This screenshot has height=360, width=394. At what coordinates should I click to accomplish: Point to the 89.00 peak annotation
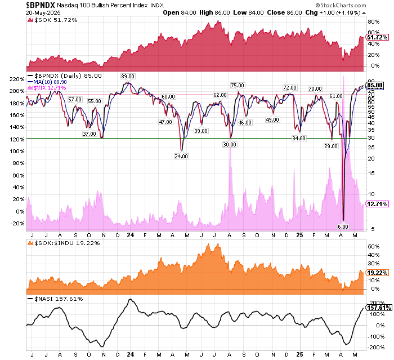coord(127,76)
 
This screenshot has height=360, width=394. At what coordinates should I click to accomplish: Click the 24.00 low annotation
coord(181,156)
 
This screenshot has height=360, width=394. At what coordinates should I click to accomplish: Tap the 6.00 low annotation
coord(343,226)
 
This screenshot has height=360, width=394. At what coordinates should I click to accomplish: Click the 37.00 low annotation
coord(89,134)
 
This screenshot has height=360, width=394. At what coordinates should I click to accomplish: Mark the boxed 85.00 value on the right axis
coord(376,85)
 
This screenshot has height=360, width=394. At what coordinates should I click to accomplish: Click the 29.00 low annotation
coord(331,146)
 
